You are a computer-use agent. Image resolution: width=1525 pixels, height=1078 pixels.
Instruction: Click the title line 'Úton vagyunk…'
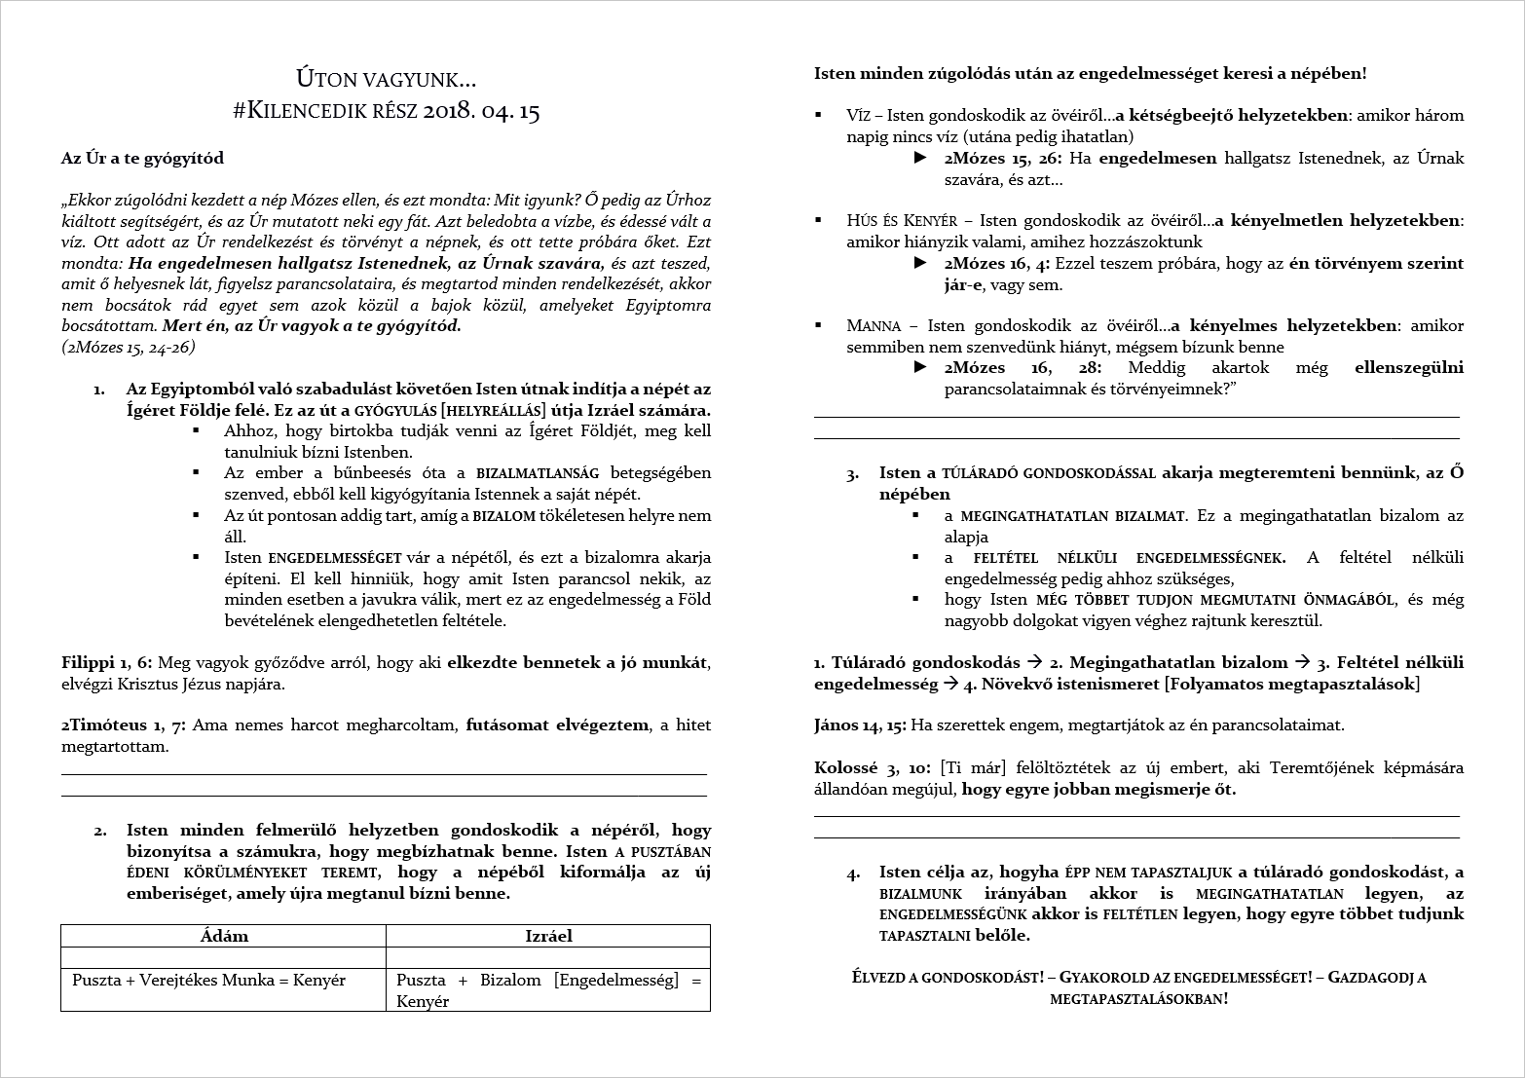(386, 79)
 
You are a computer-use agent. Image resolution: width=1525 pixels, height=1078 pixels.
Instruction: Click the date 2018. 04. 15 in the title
(481, 111)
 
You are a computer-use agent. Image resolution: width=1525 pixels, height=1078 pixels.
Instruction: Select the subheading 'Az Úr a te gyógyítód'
(142, 158)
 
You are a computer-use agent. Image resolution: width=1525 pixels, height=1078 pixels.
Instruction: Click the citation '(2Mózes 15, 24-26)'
(128, 347)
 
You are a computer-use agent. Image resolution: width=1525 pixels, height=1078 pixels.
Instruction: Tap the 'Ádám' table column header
(223, 936)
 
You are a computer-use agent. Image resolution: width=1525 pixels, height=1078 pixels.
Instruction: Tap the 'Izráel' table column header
(547, 936)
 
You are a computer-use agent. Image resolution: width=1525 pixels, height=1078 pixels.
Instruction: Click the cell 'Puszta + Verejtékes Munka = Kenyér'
(208, 980)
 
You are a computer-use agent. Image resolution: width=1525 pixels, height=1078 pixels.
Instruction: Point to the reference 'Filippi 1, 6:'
(106, 663)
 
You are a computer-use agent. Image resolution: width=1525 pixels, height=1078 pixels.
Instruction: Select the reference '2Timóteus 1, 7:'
(125, 725)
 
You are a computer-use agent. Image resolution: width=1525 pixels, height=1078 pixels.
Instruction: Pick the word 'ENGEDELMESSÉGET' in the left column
(334, 558)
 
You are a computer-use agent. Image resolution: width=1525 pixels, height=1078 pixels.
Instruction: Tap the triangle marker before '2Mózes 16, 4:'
(920, 263)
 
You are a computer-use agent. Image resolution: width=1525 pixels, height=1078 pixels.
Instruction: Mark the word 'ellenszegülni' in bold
(1408, 368)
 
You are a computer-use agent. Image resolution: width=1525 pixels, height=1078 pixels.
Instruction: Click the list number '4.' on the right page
(853, 874)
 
